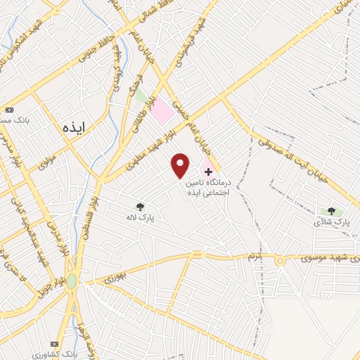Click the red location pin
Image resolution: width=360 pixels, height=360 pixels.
pyautogui.click(x=181, y=165)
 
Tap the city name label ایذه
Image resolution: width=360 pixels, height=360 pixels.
pyautogui.click(x=72, y=127)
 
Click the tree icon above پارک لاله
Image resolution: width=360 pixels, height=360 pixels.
pyautogui.click(x=140, y=206)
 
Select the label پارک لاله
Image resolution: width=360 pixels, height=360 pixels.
pyautogui.click(x=140, y=219)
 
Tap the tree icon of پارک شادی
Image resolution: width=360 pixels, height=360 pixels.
pyautogui.click(x=331, y=210)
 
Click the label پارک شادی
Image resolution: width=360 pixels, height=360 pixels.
pyautogui.click(x=332, y=222)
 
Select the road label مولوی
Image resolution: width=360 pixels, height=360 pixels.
pyautogui.click(x=46, y=163)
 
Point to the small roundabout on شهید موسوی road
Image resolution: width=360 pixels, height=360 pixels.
pyautogui.click(x=279, y=261)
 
